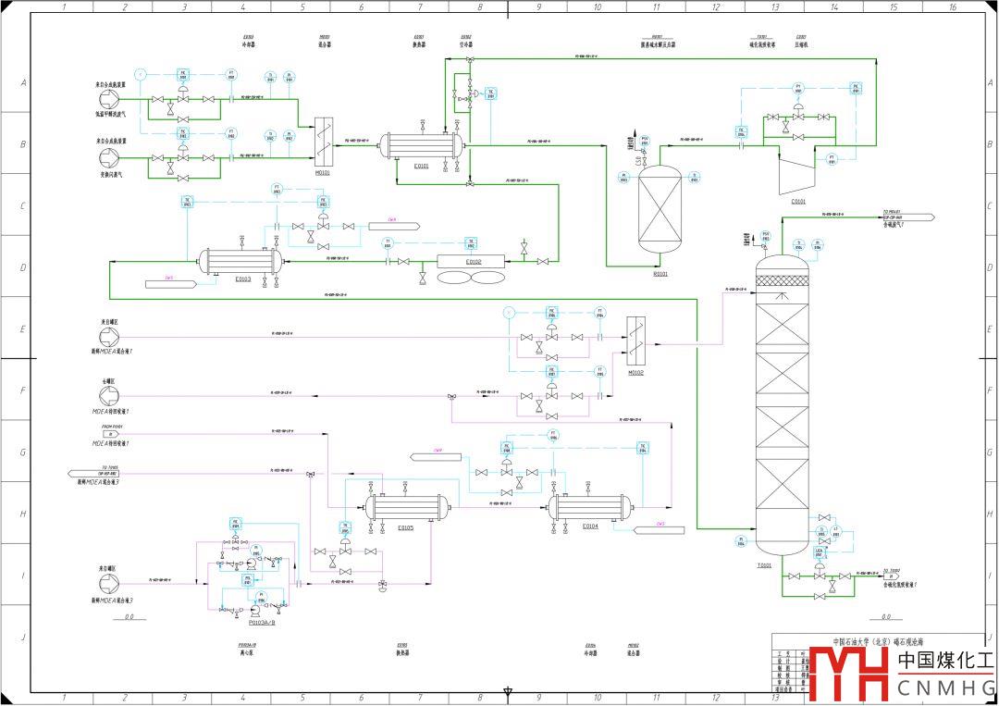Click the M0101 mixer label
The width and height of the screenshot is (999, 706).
323,171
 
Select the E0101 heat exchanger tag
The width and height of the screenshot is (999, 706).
421,166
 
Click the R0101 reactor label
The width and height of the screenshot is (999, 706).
660,273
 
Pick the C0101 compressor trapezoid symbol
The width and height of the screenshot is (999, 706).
797,171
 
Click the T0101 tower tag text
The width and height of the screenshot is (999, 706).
764,563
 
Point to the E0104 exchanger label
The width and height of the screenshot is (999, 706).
590,526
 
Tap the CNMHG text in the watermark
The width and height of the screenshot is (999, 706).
946,687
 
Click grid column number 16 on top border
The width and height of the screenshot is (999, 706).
953,6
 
